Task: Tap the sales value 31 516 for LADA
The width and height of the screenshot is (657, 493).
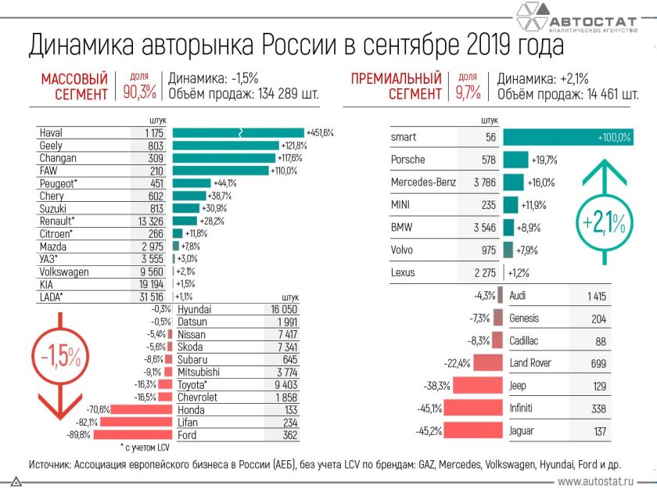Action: point(148,297)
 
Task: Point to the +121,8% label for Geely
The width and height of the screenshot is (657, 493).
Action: point(294,146)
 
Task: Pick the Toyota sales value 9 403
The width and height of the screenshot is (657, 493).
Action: point(282,385)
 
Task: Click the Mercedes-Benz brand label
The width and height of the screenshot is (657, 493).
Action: point(422,182)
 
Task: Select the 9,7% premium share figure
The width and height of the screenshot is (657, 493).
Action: point(467,93)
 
